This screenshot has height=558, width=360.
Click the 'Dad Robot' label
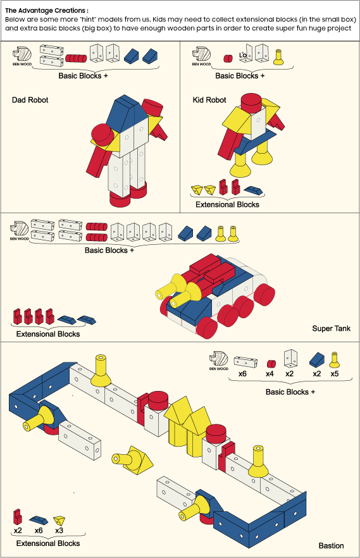(x=30, y=100)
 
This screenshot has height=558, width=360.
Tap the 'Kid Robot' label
(x=209, y=100)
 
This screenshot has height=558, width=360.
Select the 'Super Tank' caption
(x=331, y=328)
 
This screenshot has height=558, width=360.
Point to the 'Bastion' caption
(x=331, y=545)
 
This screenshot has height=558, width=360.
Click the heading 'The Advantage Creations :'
(x=47, y=10)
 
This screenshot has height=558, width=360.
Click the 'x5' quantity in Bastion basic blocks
(x=335, y=374)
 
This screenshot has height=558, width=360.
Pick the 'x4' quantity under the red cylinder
(x=270, y=374)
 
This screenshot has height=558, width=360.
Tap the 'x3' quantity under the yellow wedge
(x=59, y=530)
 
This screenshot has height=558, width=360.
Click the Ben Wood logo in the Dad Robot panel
(x=22, y=56)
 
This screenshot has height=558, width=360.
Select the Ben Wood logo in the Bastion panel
(x=218, y=361)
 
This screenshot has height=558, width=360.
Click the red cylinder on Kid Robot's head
(x=252, y=102)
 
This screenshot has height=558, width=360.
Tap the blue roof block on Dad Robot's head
(x=128, y=113)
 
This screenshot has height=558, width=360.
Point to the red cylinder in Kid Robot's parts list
(x=228, y=58)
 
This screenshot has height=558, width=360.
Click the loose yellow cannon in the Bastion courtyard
(x=132, y=459)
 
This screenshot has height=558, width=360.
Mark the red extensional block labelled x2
(x=18, y=517)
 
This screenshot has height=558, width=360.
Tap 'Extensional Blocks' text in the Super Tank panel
(x=48, y=334)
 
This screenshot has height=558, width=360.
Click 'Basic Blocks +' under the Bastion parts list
(x=290, y=392)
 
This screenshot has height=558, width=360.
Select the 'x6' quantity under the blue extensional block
(x=39, y=530)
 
